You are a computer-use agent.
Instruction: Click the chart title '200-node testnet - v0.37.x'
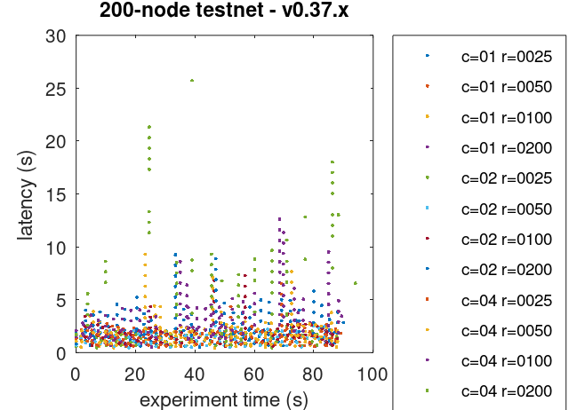coord(223,12)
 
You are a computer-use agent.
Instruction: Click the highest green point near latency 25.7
coord(192,81)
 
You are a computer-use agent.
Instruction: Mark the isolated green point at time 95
coord(356,283)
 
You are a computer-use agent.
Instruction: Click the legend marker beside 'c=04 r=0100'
coord(428,360)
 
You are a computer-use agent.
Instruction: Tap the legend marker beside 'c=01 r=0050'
coord(428,86)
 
